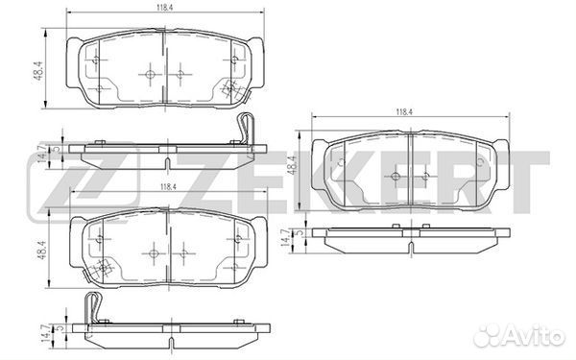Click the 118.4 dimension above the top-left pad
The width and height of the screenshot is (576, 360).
tap(165, 8)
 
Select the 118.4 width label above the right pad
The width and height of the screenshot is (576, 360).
tap(403, 112)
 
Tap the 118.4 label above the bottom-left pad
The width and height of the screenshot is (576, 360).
tap(168, 187)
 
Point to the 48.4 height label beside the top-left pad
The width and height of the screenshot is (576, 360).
tap(39, 72)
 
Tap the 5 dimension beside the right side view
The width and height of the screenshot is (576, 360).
tap(300, 232)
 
